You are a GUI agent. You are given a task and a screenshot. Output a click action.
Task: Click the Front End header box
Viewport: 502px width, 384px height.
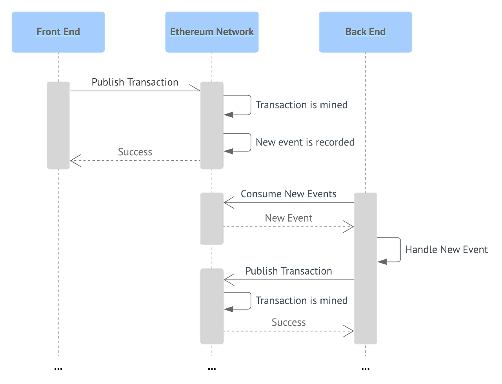pyautogui.click(x=58, y=32)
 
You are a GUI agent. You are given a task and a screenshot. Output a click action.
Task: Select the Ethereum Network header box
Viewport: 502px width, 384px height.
pyautogui.click(x=212, y=32)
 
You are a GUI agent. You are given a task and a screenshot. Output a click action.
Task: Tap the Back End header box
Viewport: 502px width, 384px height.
pyautogui.click(x=365, y=32)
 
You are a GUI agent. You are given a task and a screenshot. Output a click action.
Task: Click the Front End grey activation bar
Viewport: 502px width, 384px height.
pyautogui.click(x=58, y=126)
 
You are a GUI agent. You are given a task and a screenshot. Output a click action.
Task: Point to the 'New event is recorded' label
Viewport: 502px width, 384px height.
pyautogui.click(x=305, y=142)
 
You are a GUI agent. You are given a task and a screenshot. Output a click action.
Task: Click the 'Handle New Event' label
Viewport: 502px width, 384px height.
pyautogui.click(x=446, y=249)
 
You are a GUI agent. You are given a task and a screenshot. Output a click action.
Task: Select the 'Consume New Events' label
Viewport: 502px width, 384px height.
pyautogui.click(x=288, y=194)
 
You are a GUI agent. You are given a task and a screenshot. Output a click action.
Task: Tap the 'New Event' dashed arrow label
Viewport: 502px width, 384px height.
pyautogui.click(x=289, y=218)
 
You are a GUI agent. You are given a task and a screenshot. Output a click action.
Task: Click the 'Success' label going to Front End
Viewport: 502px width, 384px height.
pyautogui.click(x=135, y=152)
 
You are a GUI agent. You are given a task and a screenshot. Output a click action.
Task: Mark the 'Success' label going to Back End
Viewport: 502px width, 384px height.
pyautogui.click(x=288, y=322)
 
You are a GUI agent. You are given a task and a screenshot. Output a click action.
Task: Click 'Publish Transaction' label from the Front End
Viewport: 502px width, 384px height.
pyautogui.click(x=135, y=82)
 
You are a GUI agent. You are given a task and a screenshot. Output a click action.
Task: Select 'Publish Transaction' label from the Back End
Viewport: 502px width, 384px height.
pyautogui.click(x=289, y=271)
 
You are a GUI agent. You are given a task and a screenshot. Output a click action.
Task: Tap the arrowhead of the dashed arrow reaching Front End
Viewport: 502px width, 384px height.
pyautogui.click(x=75, y=160)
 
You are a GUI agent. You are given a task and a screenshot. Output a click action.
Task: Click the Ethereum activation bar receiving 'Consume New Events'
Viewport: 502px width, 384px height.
pyautogui.click(x=212, y=219)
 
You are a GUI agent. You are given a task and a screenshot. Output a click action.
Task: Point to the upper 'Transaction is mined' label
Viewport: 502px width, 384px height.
pyautogui.click(x=301, y=105)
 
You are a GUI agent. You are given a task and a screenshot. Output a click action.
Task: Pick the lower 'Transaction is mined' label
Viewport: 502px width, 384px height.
pyautogui.click(x=301, y=300)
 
